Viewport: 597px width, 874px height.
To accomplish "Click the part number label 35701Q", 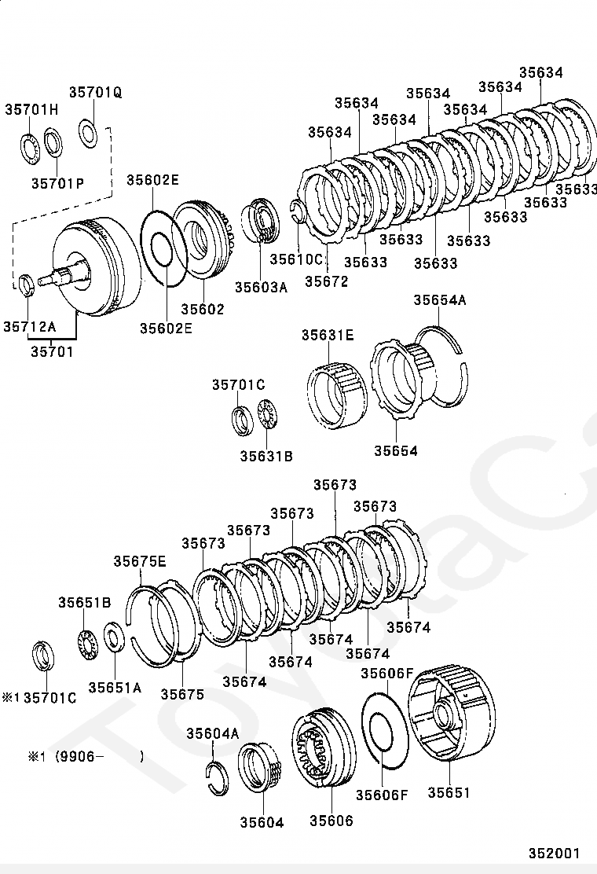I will click(95, 93).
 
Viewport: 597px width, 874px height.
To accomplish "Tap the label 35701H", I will click(31, 109).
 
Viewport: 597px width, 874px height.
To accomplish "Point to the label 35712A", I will click(29, 326).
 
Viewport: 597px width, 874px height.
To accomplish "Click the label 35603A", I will click(262, 287).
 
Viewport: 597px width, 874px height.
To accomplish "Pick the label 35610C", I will click(296, 259).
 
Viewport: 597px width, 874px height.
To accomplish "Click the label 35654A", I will click(440, 300).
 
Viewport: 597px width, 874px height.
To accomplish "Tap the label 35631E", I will click(328, 336).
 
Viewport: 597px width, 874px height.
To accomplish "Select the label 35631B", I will click(266, 455).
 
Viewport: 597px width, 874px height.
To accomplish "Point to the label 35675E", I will click(140, 561).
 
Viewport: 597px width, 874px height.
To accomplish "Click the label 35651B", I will click(84, 603).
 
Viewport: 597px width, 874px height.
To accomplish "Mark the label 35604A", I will click(212, 733).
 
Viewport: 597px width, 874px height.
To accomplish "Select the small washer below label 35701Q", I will click(88, 131).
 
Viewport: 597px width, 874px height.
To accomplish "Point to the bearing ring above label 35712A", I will click(27, 285).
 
